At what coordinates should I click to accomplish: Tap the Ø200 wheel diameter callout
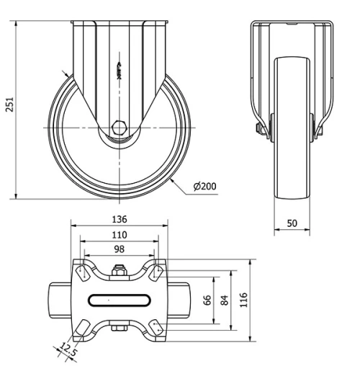coord(205,187)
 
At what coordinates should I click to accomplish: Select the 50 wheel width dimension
coord(292,224)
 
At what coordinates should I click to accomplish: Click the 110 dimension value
coord(120,235)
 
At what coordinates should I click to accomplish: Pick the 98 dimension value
coord(120,249)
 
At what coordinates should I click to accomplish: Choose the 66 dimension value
coord(208,300)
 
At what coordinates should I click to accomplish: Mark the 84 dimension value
coord(224,300)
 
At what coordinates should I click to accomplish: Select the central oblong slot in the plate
coord(120,299)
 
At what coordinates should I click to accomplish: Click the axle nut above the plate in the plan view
coord(120,273)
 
